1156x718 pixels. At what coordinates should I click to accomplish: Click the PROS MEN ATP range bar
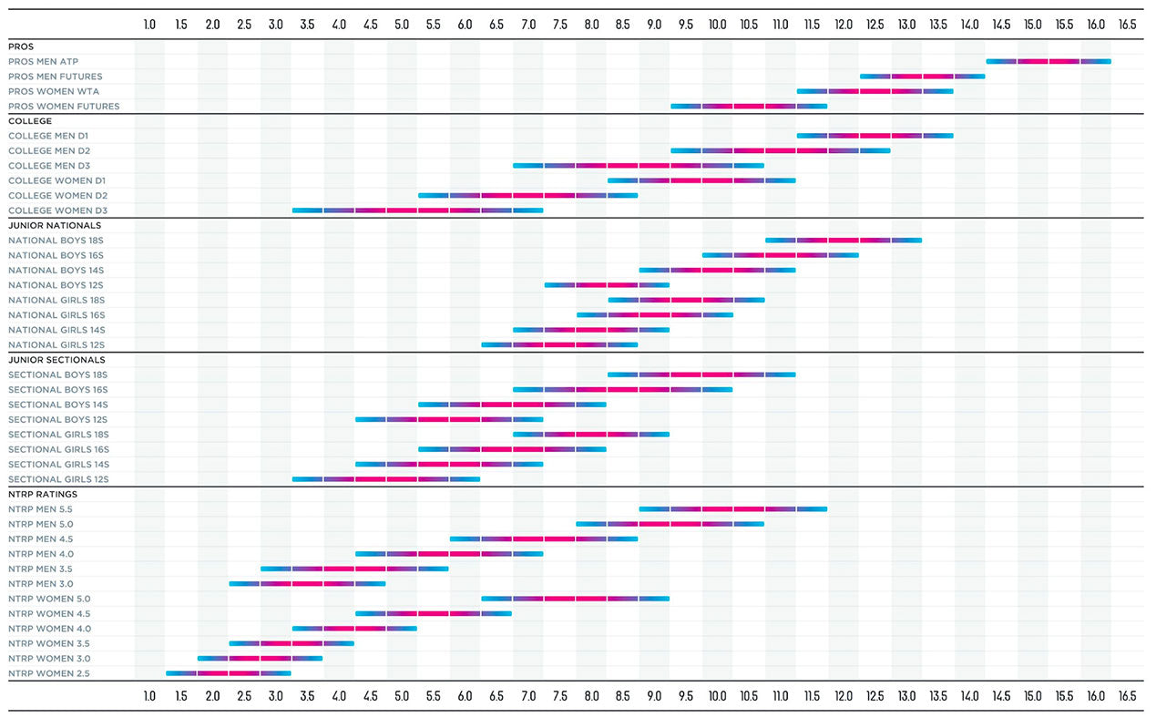(x=1048, y=61)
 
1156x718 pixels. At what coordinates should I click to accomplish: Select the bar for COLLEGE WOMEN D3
(x=417, y=210)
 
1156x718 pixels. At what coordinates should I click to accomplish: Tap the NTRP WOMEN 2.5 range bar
(x=228, y=673)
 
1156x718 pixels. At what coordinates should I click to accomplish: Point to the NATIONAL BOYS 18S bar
(x=843, y=241)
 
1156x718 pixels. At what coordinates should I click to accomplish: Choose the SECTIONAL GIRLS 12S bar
(x=385, y=479)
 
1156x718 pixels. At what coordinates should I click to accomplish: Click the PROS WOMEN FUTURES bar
(x=749, y=107)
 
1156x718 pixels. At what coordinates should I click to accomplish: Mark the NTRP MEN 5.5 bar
(x=733, y=509)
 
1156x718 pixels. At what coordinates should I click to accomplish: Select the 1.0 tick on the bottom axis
(x=149, y=696)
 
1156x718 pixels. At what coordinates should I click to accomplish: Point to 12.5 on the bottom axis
(x=875, y=696)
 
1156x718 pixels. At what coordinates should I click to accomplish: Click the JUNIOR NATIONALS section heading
(x=55, y=225)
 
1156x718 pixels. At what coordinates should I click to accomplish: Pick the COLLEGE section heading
(x=30, y=121)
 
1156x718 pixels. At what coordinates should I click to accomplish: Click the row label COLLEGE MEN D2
(x=49, y=151)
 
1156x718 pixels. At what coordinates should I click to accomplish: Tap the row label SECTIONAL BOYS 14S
(x=58, y=405)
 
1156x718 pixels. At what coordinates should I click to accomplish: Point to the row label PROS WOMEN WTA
(x=54, y=91)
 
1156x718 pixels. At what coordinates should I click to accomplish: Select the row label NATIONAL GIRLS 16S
(x=56, y=315)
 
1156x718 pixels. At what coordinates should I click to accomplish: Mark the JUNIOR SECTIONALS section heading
(x=56, y=360)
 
